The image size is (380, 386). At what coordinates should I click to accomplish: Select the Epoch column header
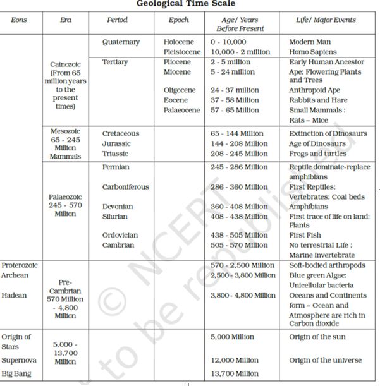coord(178,20)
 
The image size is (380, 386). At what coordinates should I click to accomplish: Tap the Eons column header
coord(19,20)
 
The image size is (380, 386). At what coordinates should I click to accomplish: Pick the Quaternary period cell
coord(121,42)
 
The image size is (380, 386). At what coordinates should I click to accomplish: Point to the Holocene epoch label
coord(179,42)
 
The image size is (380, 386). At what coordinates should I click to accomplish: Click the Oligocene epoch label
coord(180,90)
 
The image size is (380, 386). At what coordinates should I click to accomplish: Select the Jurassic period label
coord(116,143)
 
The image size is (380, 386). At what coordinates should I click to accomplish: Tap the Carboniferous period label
coord(126,187)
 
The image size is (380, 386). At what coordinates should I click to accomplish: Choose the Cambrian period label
coord(118,245)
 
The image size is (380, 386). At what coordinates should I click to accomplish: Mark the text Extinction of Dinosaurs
coord(328,134)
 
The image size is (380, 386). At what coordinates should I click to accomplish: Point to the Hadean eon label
coord(14,295)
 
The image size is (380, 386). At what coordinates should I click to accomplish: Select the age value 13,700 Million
coord(235,374)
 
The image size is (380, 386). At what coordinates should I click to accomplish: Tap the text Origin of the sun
coord(317,337)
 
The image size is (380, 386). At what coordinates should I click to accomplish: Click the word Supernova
coord(20,360)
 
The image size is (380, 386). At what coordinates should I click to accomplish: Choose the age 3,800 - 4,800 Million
coord(243,295)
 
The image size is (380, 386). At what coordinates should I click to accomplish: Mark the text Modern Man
coord(310,42)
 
